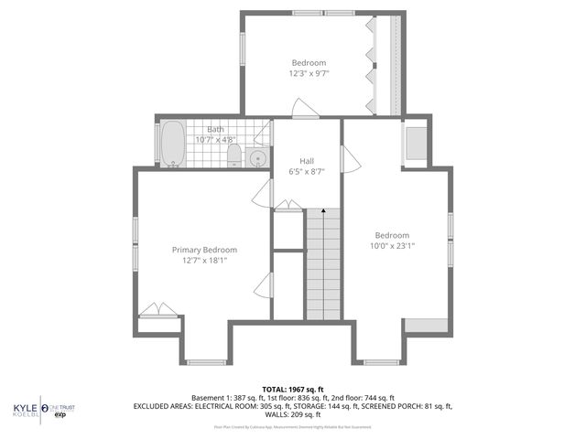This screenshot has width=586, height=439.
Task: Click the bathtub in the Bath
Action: pos(171,145)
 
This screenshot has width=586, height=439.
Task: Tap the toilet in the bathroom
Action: pos(233,154)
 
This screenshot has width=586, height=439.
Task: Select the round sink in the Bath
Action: pos(257,158)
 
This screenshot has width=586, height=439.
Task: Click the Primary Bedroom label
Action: pos(204,250)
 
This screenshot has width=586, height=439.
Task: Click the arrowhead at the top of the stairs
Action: pos(322,211)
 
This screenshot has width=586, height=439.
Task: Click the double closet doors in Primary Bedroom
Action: pos(158,310)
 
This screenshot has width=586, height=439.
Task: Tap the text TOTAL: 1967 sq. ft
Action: pos(293,390)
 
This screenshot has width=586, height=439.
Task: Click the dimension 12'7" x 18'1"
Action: pos(204,261)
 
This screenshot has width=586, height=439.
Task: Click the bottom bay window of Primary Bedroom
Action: pos(204,362)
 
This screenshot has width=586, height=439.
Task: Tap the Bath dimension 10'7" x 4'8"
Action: pos(216,141)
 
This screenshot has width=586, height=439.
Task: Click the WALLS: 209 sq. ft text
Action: pos(293,414)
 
